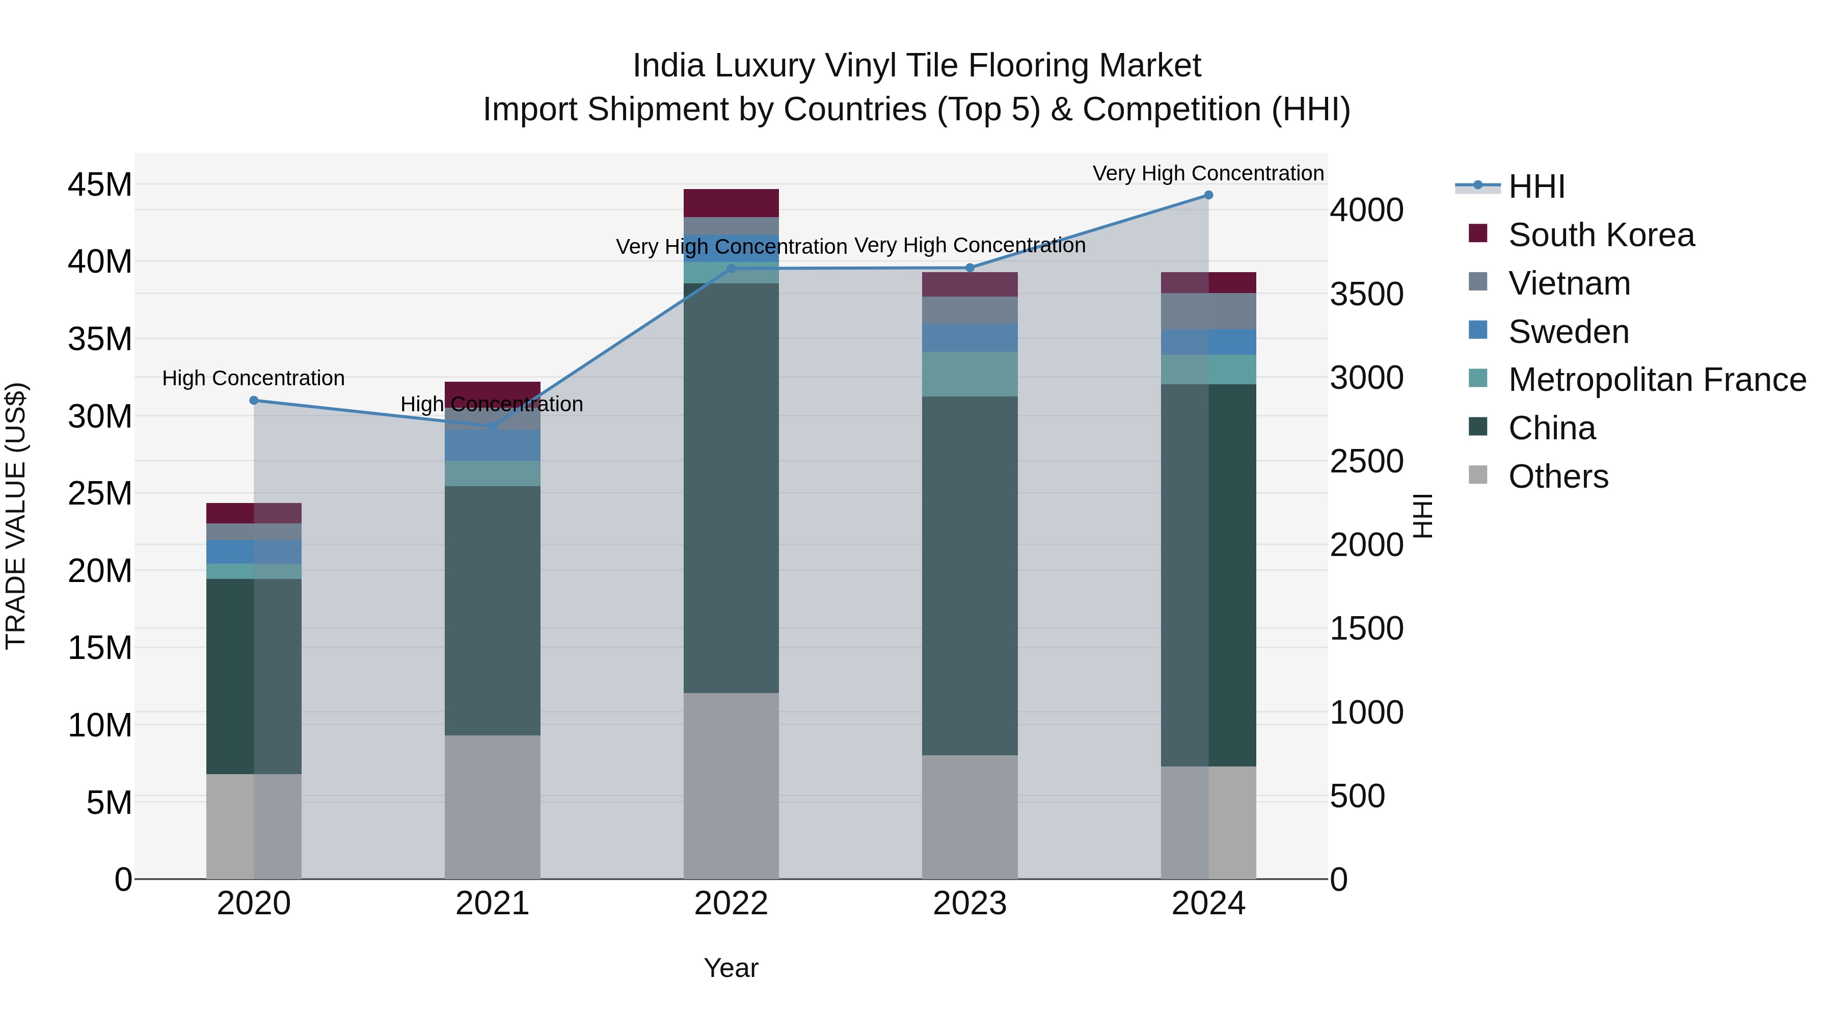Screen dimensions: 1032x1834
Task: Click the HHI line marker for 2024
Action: [x=1208, y=195]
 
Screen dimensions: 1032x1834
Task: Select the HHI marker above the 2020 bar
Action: [x=254, y=400]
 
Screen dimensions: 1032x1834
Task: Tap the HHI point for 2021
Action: [x=492, y=426]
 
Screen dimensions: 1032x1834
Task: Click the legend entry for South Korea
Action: [x=1601, y=235]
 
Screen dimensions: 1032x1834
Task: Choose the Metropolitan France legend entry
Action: [x=1657, y=380]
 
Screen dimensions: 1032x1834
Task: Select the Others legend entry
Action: [x=1558, y=477]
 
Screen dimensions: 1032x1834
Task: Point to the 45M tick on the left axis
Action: [x=100, y=185]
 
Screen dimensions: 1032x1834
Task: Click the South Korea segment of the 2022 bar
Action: [x=731, y=203]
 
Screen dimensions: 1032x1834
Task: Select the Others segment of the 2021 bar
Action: [x=492, y=806]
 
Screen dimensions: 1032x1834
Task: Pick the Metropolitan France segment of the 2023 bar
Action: [x=969, y=374]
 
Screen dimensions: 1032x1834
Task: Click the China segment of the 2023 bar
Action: [x=969, y=575]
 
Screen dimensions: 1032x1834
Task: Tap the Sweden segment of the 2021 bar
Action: [x=492, y=445]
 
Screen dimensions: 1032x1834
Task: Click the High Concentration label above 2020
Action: [x=254, y=378]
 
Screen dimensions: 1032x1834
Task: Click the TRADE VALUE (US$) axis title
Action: [x=16, y=516]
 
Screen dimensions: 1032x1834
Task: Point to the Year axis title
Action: [x=731, y=968]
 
